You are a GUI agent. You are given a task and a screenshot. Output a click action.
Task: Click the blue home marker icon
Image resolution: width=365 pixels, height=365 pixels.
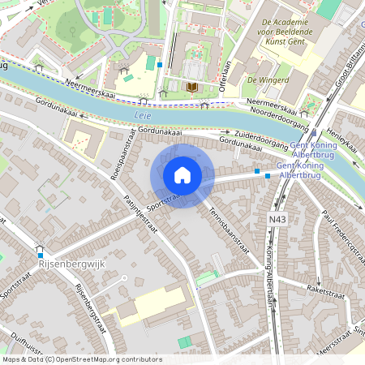pyautogui.click(x=182, y=175)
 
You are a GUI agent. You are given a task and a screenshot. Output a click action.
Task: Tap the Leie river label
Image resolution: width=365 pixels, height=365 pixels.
pyautogui.click(x=140, y=116)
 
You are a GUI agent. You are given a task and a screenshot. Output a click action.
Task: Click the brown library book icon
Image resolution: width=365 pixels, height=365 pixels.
pyautogui.click(x=192, y=87)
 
